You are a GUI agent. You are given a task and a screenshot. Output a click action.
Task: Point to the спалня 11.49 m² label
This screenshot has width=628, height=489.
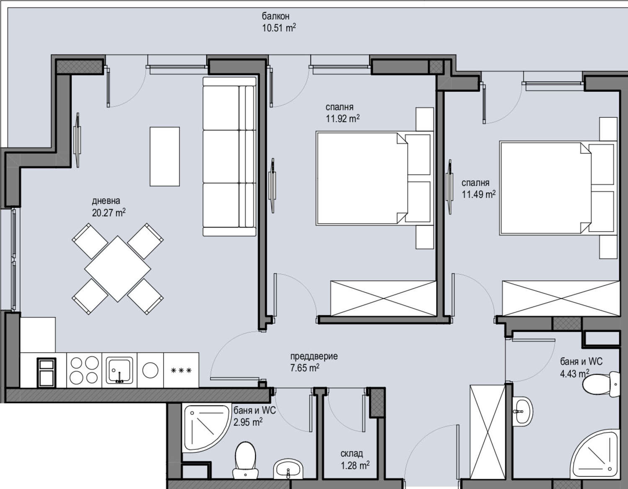click(478, 189)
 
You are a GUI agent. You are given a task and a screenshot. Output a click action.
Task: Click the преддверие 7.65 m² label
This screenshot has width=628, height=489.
click(314, 362)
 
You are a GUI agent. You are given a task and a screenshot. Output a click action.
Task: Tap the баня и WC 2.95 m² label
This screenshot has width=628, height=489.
click(254, 416)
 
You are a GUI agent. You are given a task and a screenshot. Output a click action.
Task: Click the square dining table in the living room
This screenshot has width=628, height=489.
click(118, 268)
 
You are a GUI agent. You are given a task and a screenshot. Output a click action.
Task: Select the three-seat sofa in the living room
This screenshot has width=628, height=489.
click(229, 156)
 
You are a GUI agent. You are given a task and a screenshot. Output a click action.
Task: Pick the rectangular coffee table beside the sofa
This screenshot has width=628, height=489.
click(165, 156)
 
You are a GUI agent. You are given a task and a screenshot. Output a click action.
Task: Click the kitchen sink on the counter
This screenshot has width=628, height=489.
click(119, 370)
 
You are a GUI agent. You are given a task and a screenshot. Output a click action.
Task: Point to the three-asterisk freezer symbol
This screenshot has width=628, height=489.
click(181, 370)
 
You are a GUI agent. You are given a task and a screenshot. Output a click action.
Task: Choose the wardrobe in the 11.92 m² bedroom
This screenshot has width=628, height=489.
click(383, 298)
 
